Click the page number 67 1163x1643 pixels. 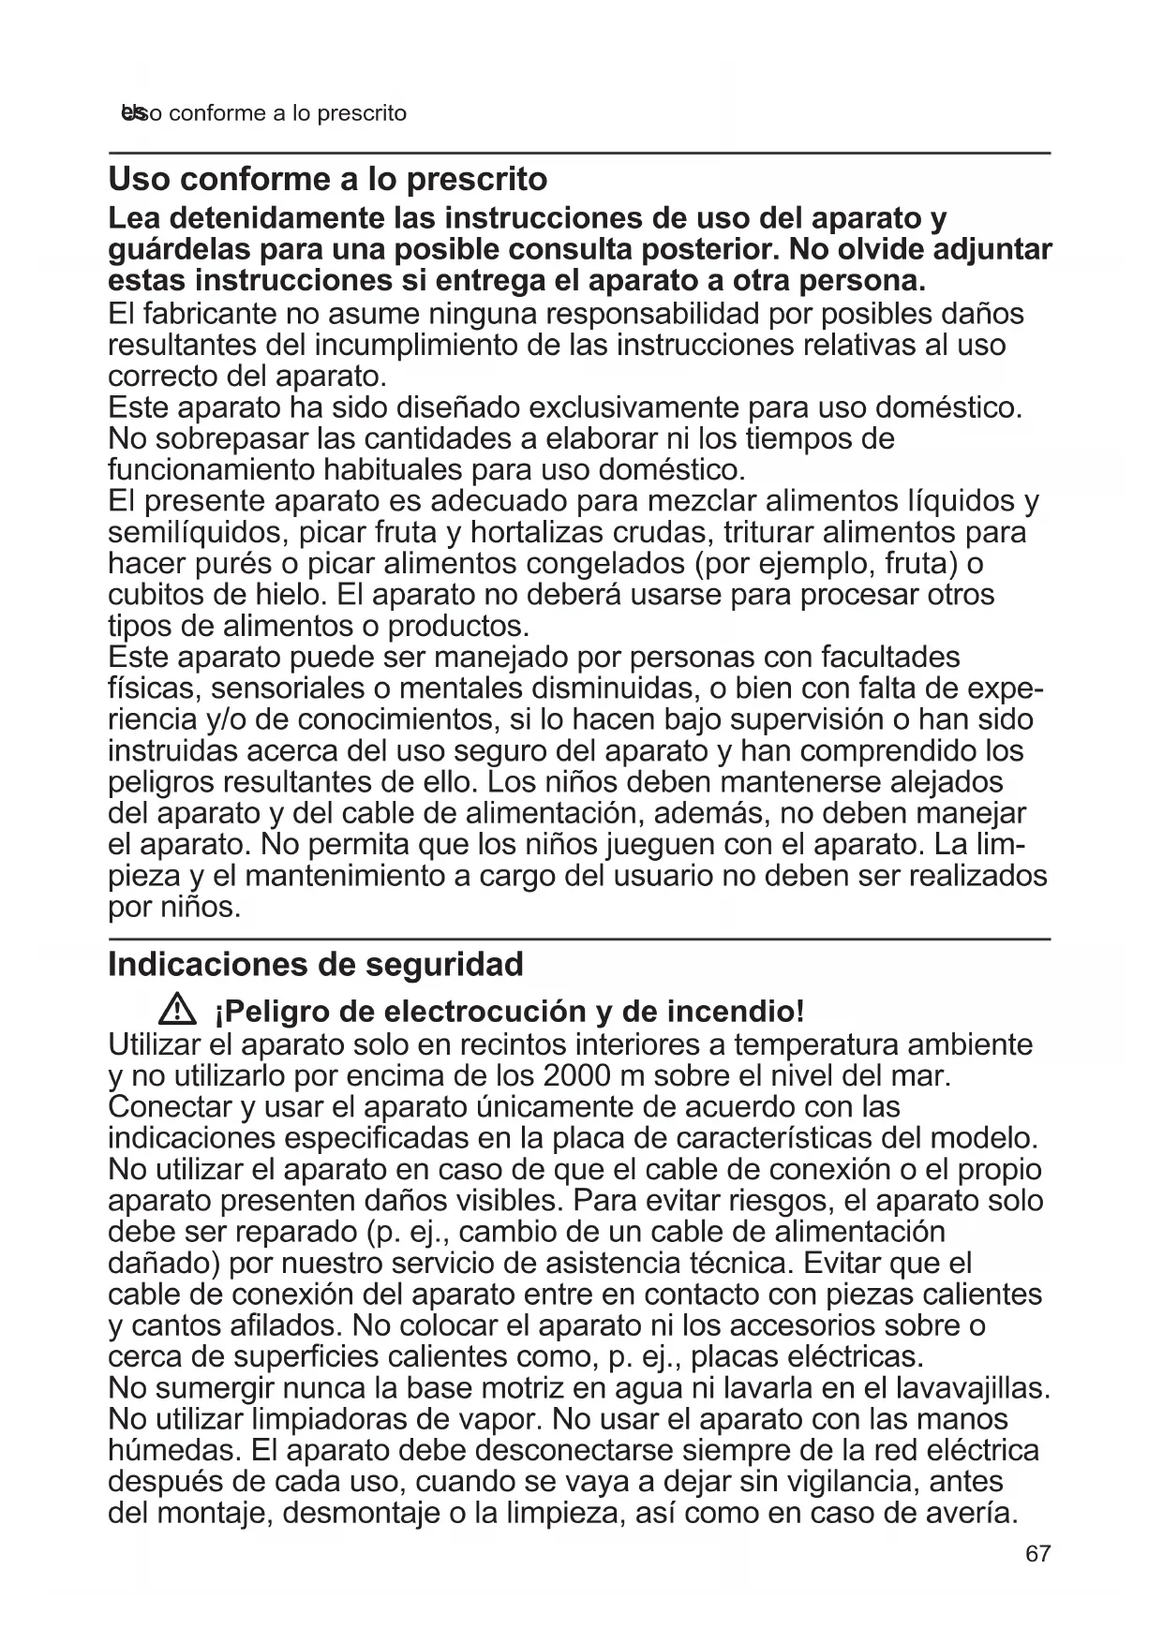coord(1037,1553)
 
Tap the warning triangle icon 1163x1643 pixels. coord(176,1011)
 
